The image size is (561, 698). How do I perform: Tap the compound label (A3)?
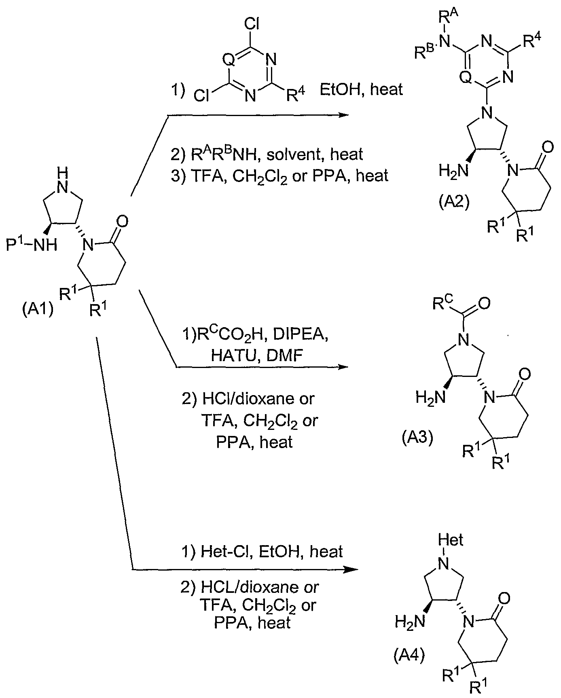coord(417,438)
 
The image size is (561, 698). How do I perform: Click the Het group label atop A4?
coord(451,539)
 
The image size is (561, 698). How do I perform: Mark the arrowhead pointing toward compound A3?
coord(343,367)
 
